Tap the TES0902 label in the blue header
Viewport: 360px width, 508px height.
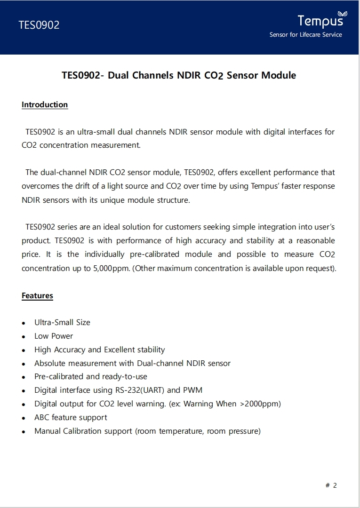click(x=39, y=25)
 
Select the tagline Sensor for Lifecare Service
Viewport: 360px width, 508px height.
click(x=305, y=34)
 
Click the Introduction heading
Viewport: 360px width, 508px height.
click(x=45, y=104)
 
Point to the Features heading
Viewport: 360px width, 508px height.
click(x=37, y=296)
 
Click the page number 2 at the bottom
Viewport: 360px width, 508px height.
click(x=335, y=485)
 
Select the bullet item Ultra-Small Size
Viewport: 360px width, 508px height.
click(x=62, y=323)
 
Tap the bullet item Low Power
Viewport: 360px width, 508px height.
click(x=54, y=336)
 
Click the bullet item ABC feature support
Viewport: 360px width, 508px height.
click(x=71, y=417)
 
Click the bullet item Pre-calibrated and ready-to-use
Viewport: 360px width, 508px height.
click(x=91, y=376)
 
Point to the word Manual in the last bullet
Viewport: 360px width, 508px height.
click(x=48, y=431)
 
